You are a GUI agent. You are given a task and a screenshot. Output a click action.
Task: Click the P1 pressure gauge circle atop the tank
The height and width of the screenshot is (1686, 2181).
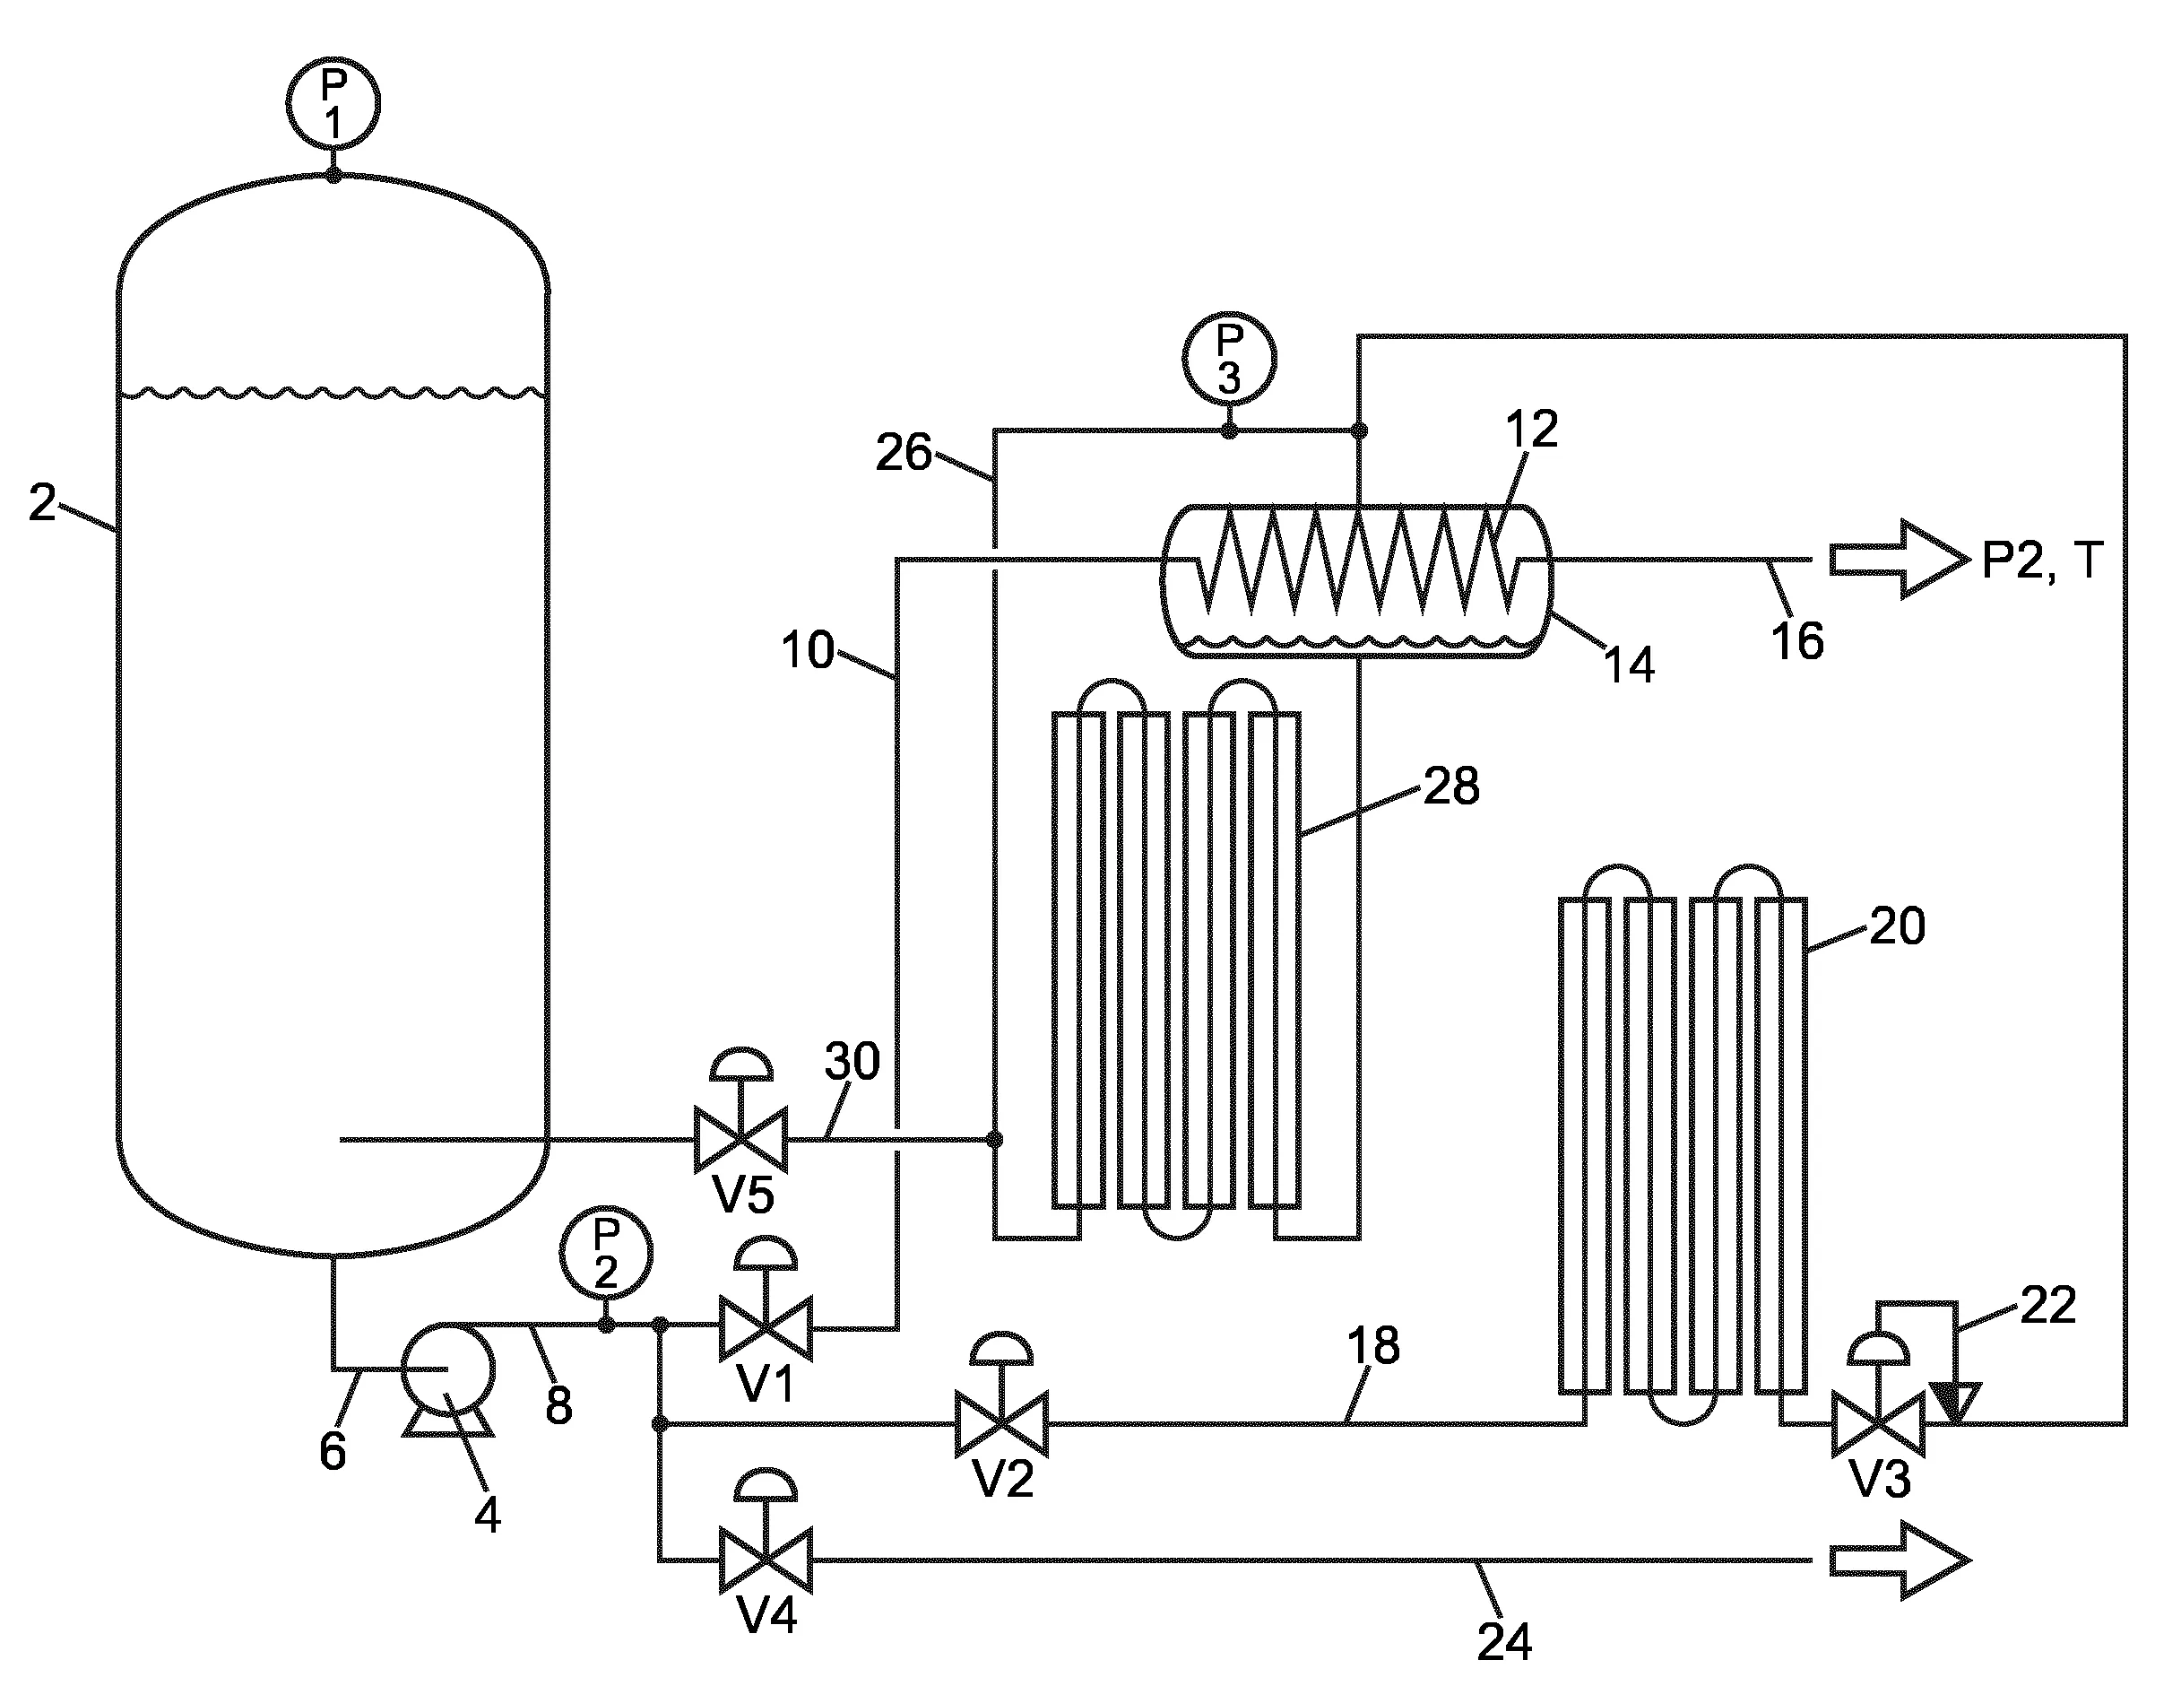(x=333, y=104)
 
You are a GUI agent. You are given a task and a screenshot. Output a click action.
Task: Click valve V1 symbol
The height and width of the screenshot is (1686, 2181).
(x=766, y=1328)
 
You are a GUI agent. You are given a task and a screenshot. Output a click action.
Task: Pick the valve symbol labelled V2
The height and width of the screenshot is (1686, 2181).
(x=1001, y=1423)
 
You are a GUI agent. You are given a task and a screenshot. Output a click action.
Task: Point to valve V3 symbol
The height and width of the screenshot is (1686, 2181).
(x=1878, y=1423)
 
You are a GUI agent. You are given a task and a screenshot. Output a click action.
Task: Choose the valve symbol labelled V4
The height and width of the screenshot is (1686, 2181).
(x=766, y=1560)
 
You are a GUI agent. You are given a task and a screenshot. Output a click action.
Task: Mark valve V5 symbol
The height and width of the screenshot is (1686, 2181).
(x=741, y=1138)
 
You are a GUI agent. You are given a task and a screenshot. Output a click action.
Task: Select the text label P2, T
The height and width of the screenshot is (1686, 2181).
(x=2042, y=561)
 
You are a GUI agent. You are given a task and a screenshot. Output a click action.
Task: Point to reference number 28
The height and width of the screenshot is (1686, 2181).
(x=1451, y=787)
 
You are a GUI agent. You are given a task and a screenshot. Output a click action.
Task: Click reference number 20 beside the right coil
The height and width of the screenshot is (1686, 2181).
(x=1897, y=927)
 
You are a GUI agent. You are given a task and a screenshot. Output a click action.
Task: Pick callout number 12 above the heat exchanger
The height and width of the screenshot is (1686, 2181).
(x=1532, y=430)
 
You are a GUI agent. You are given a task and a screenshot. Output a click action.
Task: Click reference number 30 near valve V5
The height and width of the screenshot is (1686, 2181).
(x=852, y=1061)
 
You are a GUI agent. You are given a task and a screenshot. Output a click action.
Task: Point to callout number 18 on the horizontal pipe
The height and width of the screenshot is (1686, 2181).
(x=1373, y=1345)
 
